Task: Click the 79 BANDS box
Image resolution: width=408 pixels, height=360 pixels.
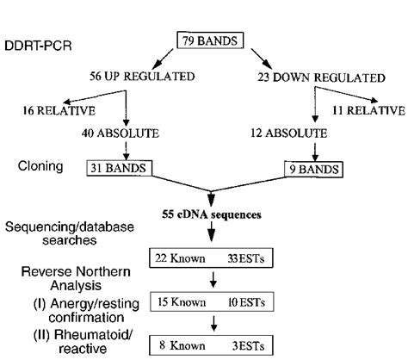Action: coord(211,40)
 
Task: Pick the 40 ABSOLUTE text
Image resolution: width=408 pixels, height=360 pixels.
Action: coord(126,135)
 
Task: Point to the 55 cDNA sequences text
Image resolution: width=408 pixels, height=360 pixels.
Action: coord(211,212)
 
